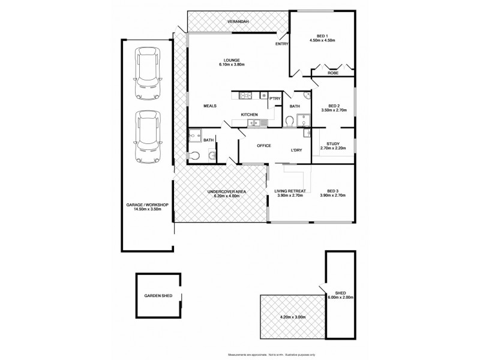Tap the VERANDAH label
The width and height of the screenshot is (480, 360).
coord(239,22)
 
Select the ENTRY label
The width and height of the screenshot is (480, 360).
coord(281,44)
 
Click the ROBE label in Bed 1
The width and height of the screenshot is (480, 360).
coord(332,73)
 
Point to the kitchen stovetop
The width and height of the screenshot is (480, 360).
coord(246,95)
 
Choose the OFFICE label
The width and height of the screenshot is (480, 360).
coord(264,146)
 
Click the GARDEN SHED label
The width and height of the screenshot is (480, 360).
coord(158,296)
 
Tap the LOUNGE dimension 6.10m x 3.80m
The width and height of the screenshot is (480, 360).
coord(232,65)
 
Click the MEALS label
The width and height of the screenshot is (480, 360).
coord(209,106)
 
